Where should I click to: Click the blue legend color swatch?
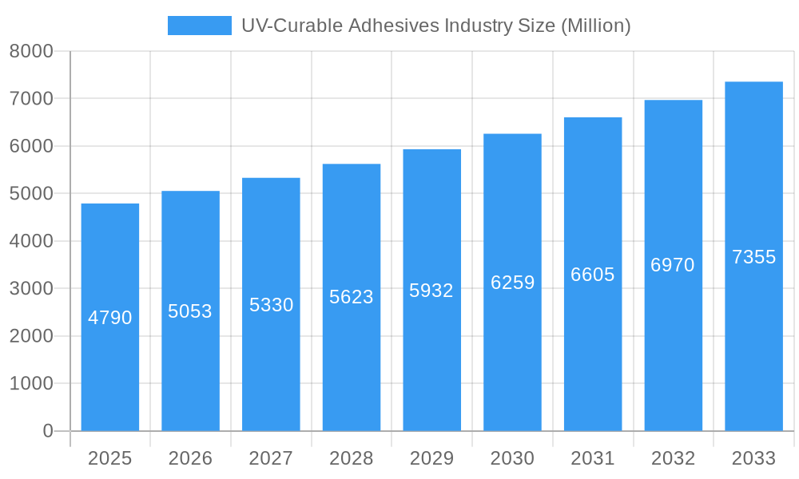(x=199, y=26)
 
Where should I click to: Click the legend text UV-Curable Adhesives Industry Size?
(x=436, y=26)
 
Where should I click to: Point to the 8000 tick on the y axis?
(x=31, y=51)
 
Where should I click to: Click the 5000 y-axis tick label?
(x=31, y=194)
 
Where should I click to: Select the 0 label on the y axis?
(x=47, y=431)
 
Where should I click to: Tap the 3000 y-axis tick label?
(x=31, y=289)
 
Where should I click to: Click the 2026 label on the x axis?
(x=190, y=458)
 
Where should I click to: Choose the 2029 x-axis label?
(x=431, y=458)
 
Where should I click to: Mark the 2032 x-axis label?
(x=673, y=458)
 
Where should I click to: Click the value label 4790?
(x=110, y=318)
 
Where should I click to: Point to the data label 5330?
(x=271, y=305)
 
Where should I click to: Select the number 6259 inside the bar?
(x=512, y=283)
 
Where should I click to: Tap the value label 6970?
(x=673, y=265)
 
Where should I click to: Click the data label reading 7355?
(x=753, y=257)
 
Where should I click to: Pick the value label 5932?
(x=431, y=291)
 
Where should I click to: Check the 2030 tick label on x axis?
(x=512, y=458)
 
